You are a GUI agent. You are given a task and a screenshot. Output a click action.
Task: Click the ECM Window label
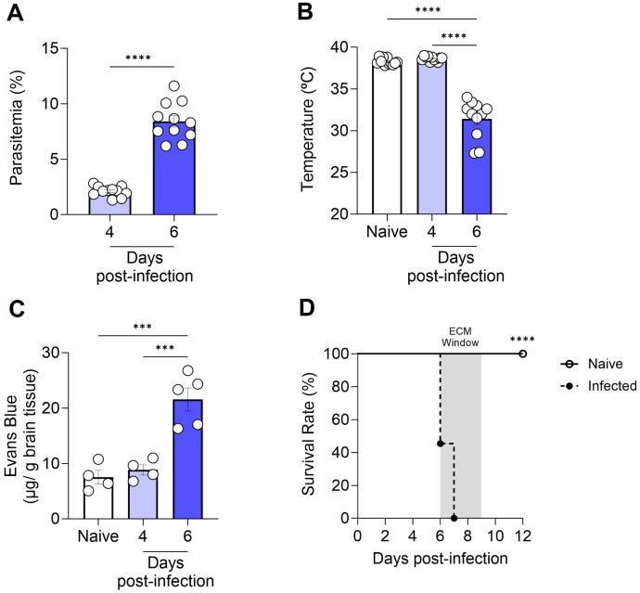click(x=460, y=335)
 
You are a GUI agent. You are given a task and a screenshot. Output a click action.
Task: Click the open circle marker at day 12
click(x=523, y=354)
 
